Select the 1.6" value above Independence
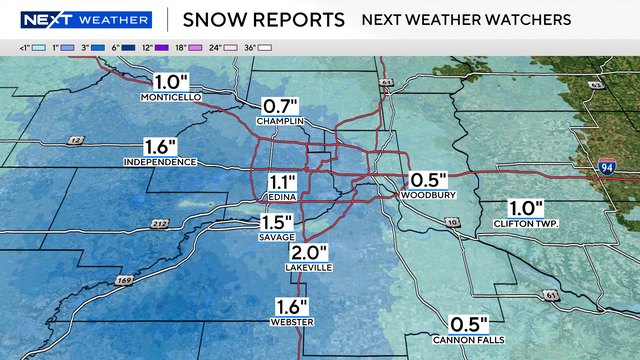click(x=160, y=146)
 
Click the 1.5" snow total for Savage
click(x=278, y=222)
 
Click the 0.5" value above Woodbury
click(x=426, y=180)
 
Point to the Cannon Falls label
click(x=468, y=338)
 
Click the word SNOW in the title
click(x=212, y=19)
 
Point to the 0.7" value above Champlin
click(x=281, y=105)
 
